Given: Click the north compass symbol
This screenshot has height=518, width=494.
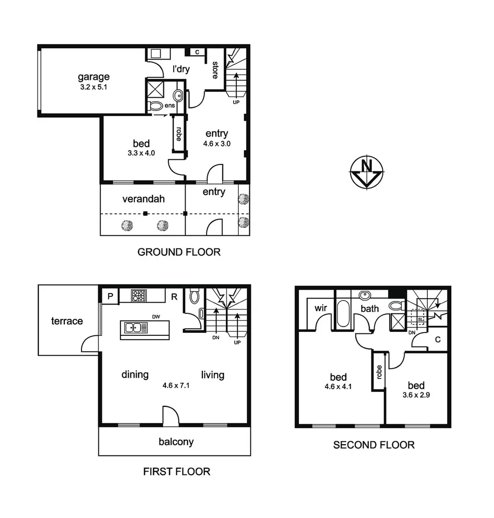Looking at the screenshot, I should [x=366, y=171].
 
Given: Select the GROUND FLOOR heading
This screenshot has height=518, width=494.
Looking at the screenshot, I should [x=179, y=252].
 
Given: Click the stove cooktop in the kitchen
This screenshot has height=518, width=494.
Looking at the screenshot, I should [x=139, y=295].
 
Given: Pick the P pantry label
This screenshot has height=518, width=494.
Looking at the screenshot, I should [x=110, y=296].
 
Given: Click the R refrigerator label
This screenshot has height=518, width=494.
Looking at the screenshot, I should [x=174, y=296].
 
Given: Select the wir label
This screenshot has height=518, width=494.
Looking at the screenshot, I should [x=321, y=308].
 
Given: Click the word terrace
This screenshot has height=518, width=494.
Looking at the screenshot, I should [x=67, y=321].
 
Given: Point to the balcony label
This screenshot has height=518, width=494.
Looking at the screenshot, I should [x=176, y=441].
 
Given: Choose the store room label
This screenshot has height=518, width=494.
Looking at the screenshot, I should [x=216, y=70].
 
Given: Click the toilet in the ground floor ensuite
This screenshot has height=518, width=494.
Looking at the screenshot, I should [x=156, y=105].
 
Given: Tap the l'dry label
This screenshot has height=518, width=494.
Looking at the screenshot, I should [x=181, y=69].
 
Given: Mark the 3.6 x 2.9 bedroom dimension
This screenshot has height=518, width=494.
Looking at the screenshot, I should [x=416, y=396].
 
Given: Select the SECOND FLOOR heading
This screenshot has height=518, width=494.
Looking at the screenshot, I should [x=374, y=445].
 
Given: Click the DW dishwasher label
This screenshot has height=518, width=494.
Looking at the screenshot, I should [x=156, y=317].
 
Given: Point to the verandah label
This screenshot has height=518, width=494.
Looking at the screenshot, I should [x=144, y=199].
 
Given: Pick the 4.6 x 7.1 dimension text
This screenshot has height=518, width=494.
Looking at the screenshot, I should [x=176, y=385].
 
